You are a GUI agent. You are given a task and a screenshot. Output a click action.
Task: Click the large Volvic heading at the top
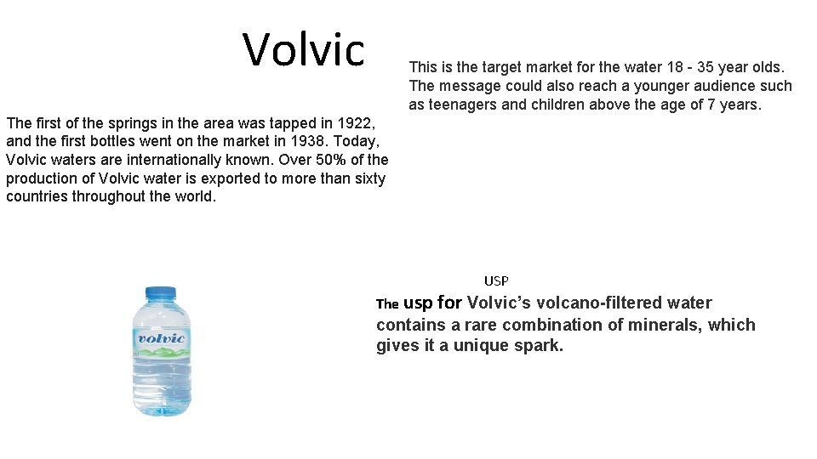tap(304, 49)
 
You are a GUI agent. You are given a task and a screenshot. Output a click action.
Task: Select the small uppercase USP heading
tap(496, 280)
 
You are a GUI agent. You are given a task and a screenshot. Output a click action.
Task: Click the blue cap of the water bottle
tap(161, 292)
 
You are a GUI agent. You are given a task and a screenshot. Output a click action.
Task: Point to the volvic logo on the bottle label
tap(161, 338)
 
